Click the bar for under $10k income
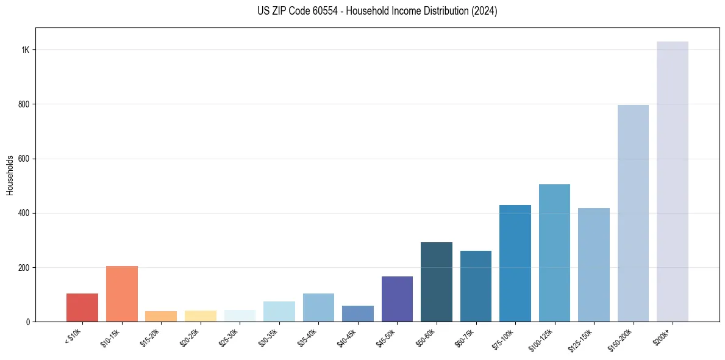tap(82, 308)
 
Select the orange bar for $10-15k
tap(122, 293)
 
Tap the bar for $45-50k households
tap(397, 299)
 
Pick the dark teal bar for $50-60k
tap(437, 282)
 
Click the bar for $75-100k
tap(515, 263)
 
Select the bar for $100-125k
tap(554, 253)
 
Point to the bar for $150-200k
tap(633, 213)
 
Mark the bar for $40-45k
tap(358, 314)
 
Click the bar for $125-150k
tap(594, 265)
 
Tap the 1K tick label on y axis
tap(26, 50)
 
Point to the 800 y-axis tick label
tap(24, 104)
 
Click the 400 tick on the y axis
tap(24, 213)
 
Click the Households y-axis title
tap(10, 175)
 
